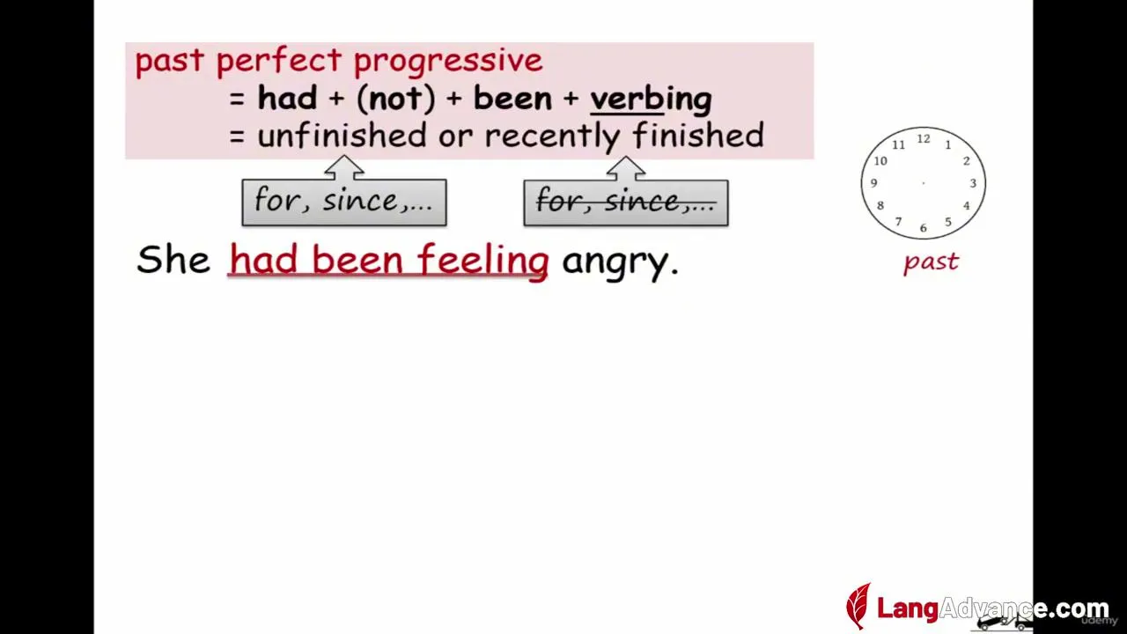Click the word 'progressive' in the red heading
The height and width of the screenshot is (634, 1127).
tap(448, 62)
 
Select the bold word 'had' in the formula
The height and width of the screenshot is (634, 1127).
tap(287, 98)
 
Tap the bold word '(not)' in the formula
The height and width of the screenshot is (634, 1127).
tap(395, 99)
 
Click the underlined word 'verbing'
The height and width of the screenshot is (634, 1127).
tap(651, 100)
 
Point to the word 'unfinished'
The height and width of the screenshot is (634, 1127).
tap(343, 135)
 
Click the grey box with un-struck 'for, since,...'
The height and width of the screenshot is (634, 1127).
tap(344, 203)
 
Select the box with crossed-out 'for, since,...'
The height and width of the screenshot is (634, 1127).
tap(626, 203)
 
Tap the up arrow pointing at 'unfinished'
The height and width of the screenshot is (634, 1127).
tap(344, 167)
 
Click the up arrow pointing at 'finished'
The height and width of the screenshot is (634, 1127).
tap(626, 168)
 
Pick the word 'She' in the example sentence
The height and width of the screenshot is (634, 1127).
tap(173, 259)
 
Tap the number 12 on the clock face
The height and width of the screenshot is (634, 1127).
tap(924, 139)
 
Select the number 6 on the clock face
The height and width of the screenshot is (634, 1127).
tap(924, 228)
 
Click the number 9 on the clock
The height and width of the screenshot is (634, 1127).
tap(874, 183)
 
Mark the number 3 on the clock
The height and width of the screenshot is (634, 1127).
tap(973, 183)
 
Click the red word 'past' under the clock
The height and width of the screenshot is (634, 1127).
tap(931, 262)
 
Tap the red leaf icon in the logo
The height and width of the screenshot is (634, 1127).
tap(858, 606)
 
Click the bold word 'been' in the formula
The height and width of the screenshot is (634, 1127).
tap(512, 99)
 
